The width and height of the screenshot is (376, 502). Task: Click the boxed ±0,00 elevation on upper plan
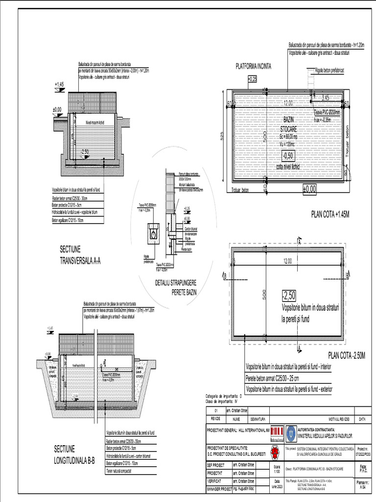tap(309, 188)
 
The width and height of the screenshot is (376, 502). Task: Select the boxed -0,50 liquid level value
tap(288, 155)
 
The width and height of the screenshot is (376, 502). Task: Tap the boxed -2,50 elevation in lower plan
tap(289, 295)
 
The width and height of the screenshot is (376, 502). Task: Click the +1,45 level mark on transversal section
tap(59, 85)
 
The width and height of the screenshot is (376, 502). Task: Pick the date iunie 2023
tap(277, 486)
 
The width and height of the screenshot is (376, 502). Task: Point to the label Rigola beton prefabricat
tap(329, 71)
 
